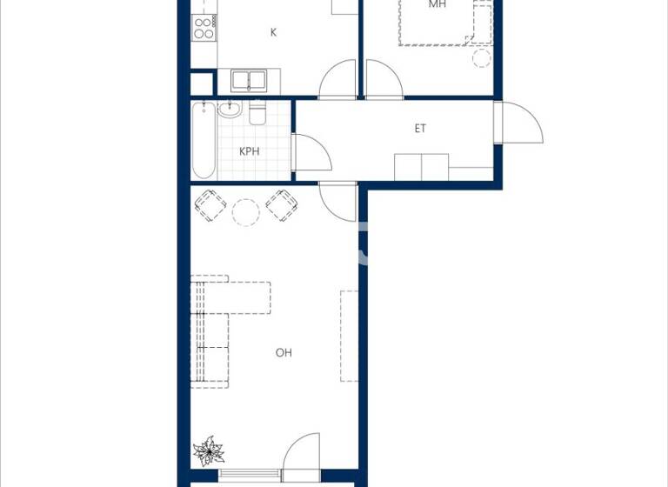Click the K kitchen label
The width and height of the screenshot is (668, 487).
click(273, 32)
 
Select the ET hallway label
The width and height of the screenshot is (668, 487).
click(420, 129)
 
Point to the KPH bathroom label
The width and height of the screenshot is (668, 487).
click(250, 151)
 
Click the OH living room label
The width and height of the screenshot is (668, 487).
click(284, 352)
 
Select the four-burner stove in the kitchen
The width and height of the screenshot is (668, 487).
click(204, 28)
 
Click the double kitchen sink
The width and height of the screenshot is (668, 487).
click(250, 81)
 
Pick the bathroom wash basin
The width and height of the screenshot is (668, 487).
click(230, 110)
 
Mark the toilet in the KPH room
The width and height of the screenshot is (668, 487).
click(257, 114)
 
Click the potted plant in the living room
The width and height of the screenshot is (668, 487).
click(209, 451)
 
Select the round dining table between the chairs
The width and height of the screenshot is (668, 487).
click(246, 212)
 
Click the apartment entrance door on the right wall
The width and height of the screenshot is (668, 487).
click(518, 123)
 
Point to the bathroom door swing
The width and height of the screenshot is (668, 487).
click(311, 154)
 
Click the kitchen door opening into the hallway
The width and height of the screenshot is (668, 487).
click(339, 81)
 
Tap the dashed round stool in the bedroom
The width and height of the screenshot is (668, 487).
click(482, 58)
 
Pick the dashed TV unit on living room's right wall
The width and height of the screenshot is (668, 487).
click(349, 335)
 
